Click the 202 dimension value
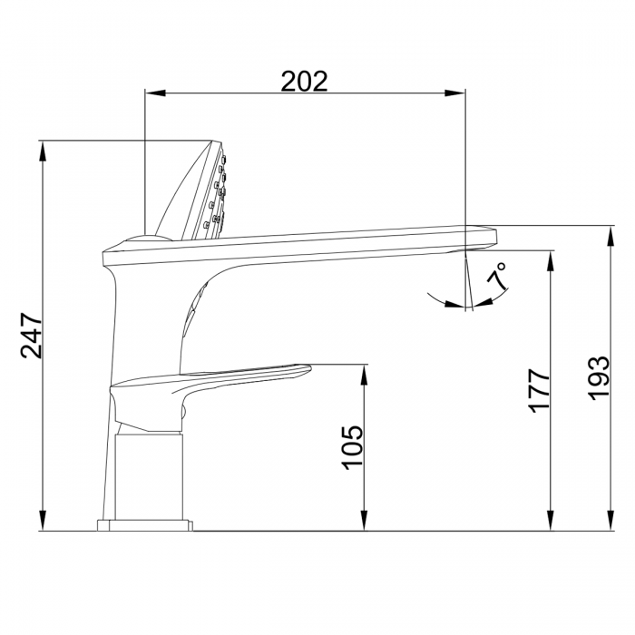point(304,81)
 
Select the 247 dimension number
point(31,336)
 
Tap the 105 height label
point(353,447)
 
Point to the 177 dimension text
point(540,390)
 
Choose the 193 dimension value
point(599,378)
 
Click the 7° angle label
point(496,276)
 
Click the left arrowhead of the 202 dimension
point(155,93)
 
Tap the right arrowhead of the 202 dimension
point(454,93)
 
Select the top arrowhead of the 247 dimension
point(43,151)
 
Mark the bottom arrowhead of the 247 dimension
point(43,520)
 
